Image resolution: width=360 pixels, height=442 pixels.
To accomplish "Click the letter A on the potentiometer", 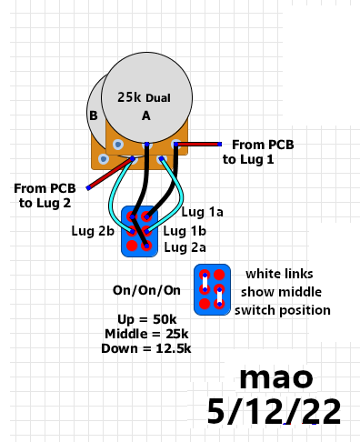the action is (x=146, y=116).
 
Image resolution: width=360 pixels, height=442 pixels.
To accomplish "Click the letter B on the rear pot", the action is (x=94, y=116).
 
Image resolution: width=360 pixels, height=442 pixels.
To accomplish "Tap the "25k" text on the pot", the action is (x=129, y=97).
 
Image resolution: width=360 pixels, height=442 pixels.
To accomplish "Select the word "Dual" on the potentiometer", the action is (x=158, y=98).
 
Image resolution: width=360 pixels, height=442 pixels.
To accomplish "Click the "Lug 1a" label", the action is (x=202, y=212).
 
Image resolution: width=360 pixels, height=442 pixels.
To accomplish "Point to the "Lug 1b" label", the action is (x=185, y=231).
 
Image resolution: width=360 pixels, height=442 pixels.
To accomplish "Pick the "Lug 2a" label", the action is (x=185, y=247).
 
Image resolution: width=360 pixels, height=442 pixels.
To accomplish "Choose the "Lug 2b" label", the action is (x=93, y=231).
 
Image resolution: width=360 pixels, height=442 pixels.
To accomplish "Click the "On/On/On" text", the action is (x=146, y=290).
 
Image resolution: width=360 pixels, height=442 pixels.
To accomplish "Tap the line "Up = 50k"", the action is (x=147, y=319).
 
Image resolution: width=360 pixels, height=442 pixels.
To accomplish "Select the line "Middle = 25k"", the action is (x=146, y=334).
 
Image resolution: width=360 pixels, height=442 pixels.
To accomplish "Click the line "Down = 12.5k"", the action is (x=146, y=348).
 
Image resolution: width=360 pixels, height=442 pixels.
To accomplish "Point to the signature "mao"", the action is (x=276, y=378).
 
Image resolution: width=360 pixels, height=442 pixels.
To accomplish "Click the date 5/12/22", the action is (x=274, y=412).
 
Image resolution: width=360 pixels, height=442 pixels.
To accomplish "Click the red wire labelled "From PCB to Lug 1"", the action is (x=198, y=145).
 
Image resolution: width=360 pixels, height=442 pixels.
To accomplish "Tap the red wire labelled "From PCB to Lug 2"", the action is (x=110, y=174).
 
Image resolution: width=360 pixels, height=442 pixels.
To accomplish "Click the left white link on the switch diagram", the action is (x=205, y=283).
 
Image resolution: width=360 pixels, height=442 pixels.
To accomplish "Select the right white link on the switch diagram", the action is (x=219, y=297).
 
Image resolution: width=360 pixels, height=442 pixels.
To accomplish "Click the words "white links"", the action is (x=279, y=274).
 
